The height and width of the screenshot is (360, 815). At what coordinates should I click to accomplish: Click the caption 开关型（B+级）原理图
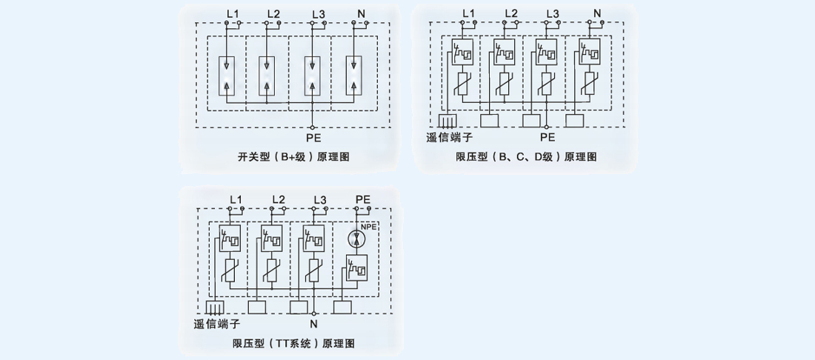click(x=293, y=157)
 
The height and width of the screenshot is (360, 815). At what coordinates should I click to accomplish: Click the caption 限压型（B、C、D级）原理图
click(x=525, y=156)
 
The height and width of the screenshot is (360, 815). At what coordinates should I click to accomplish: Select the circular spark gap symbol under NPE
click(x=356, y=239)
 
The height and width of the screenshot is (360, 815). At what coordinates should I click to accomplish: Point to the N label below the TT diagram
click(x=313, y=324)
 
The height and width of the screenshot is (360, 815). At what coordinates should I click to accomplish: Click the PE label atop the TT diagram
click(x=362, y=199)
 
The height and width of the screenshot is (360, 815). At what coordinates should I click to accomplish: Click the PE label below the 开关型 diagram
click(x=313, y=137)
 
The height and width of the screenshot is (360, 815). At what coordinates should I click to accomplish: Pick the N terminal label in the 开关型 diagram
click(x=361, y=14)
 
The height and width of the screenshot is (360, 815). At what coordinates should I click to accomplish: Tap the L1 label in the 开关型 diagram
click(x=232, y=14)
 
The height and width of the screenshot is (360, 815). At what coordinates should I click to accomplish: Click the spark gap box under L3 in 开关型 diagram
click(x=313, y=76)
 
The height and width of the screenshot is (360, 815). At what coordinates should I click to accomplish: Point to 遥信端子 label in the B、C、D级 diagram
click(x=449, y=137)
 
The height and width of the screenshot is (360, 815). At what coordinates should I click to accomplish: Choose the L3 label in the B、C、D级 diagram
click(x=551, y=13)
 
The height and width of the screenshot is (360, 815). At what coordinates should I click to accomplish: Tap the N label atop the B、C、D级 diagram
click(x=597, y=13)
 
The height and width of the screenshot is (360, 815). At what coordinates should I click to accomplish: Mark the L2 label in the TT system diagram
click(x=278, y=199)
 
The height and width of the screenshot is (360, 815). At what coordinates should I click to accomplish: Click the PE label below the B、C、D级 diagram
click(x=547, y=137)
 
